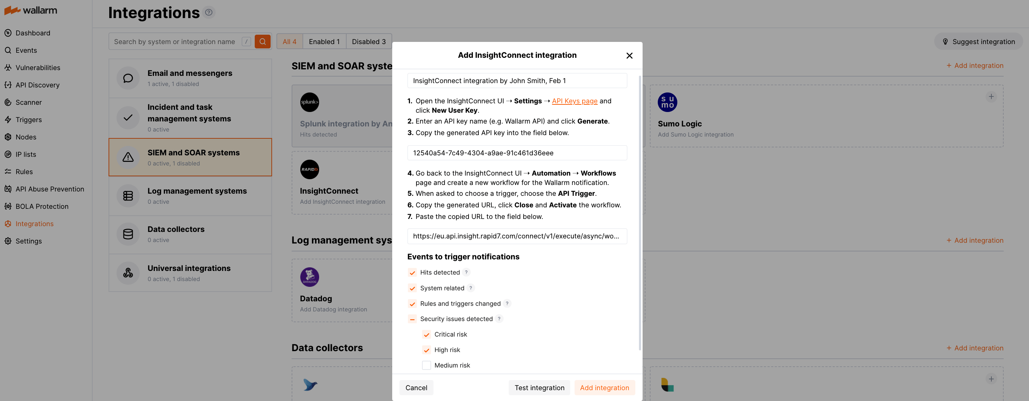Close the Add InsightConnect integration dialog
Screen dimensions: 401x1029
click(629, 56)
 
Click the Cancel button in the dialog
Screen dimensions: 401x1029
click(416, 387)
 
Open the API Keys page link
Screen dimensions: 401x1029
click(575, 101)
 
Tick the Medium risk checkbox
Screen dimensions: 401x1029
click(426, 365)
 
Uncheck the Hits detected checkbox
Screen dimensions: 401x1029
click(412, 272)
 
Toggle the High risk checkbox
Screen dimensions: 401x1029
click(426, 350)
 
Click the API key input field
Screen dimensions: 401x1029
click(517, 153)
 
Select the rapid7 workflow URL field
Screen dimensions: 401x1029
click(517, 236)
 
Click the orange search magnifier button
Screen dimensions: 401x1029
click(262, 42)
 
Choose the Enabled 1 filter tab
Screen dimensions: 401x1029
click(324, 42)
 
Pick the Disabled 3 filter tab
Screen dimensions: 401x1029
click(368, 42)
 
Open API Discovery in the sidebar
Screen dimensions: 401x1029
click(37, 85)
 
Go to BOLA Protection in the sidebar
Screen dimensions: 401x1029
click(42, 206)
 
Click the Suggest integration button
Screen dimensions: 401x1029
click(978, 42)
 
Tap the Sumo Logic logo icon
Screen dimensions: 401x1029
click(667, 102)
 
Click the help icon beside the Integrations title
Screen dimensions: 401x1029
click(208, 12)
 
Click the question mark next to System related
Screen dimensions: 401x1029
click(471, 288)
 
